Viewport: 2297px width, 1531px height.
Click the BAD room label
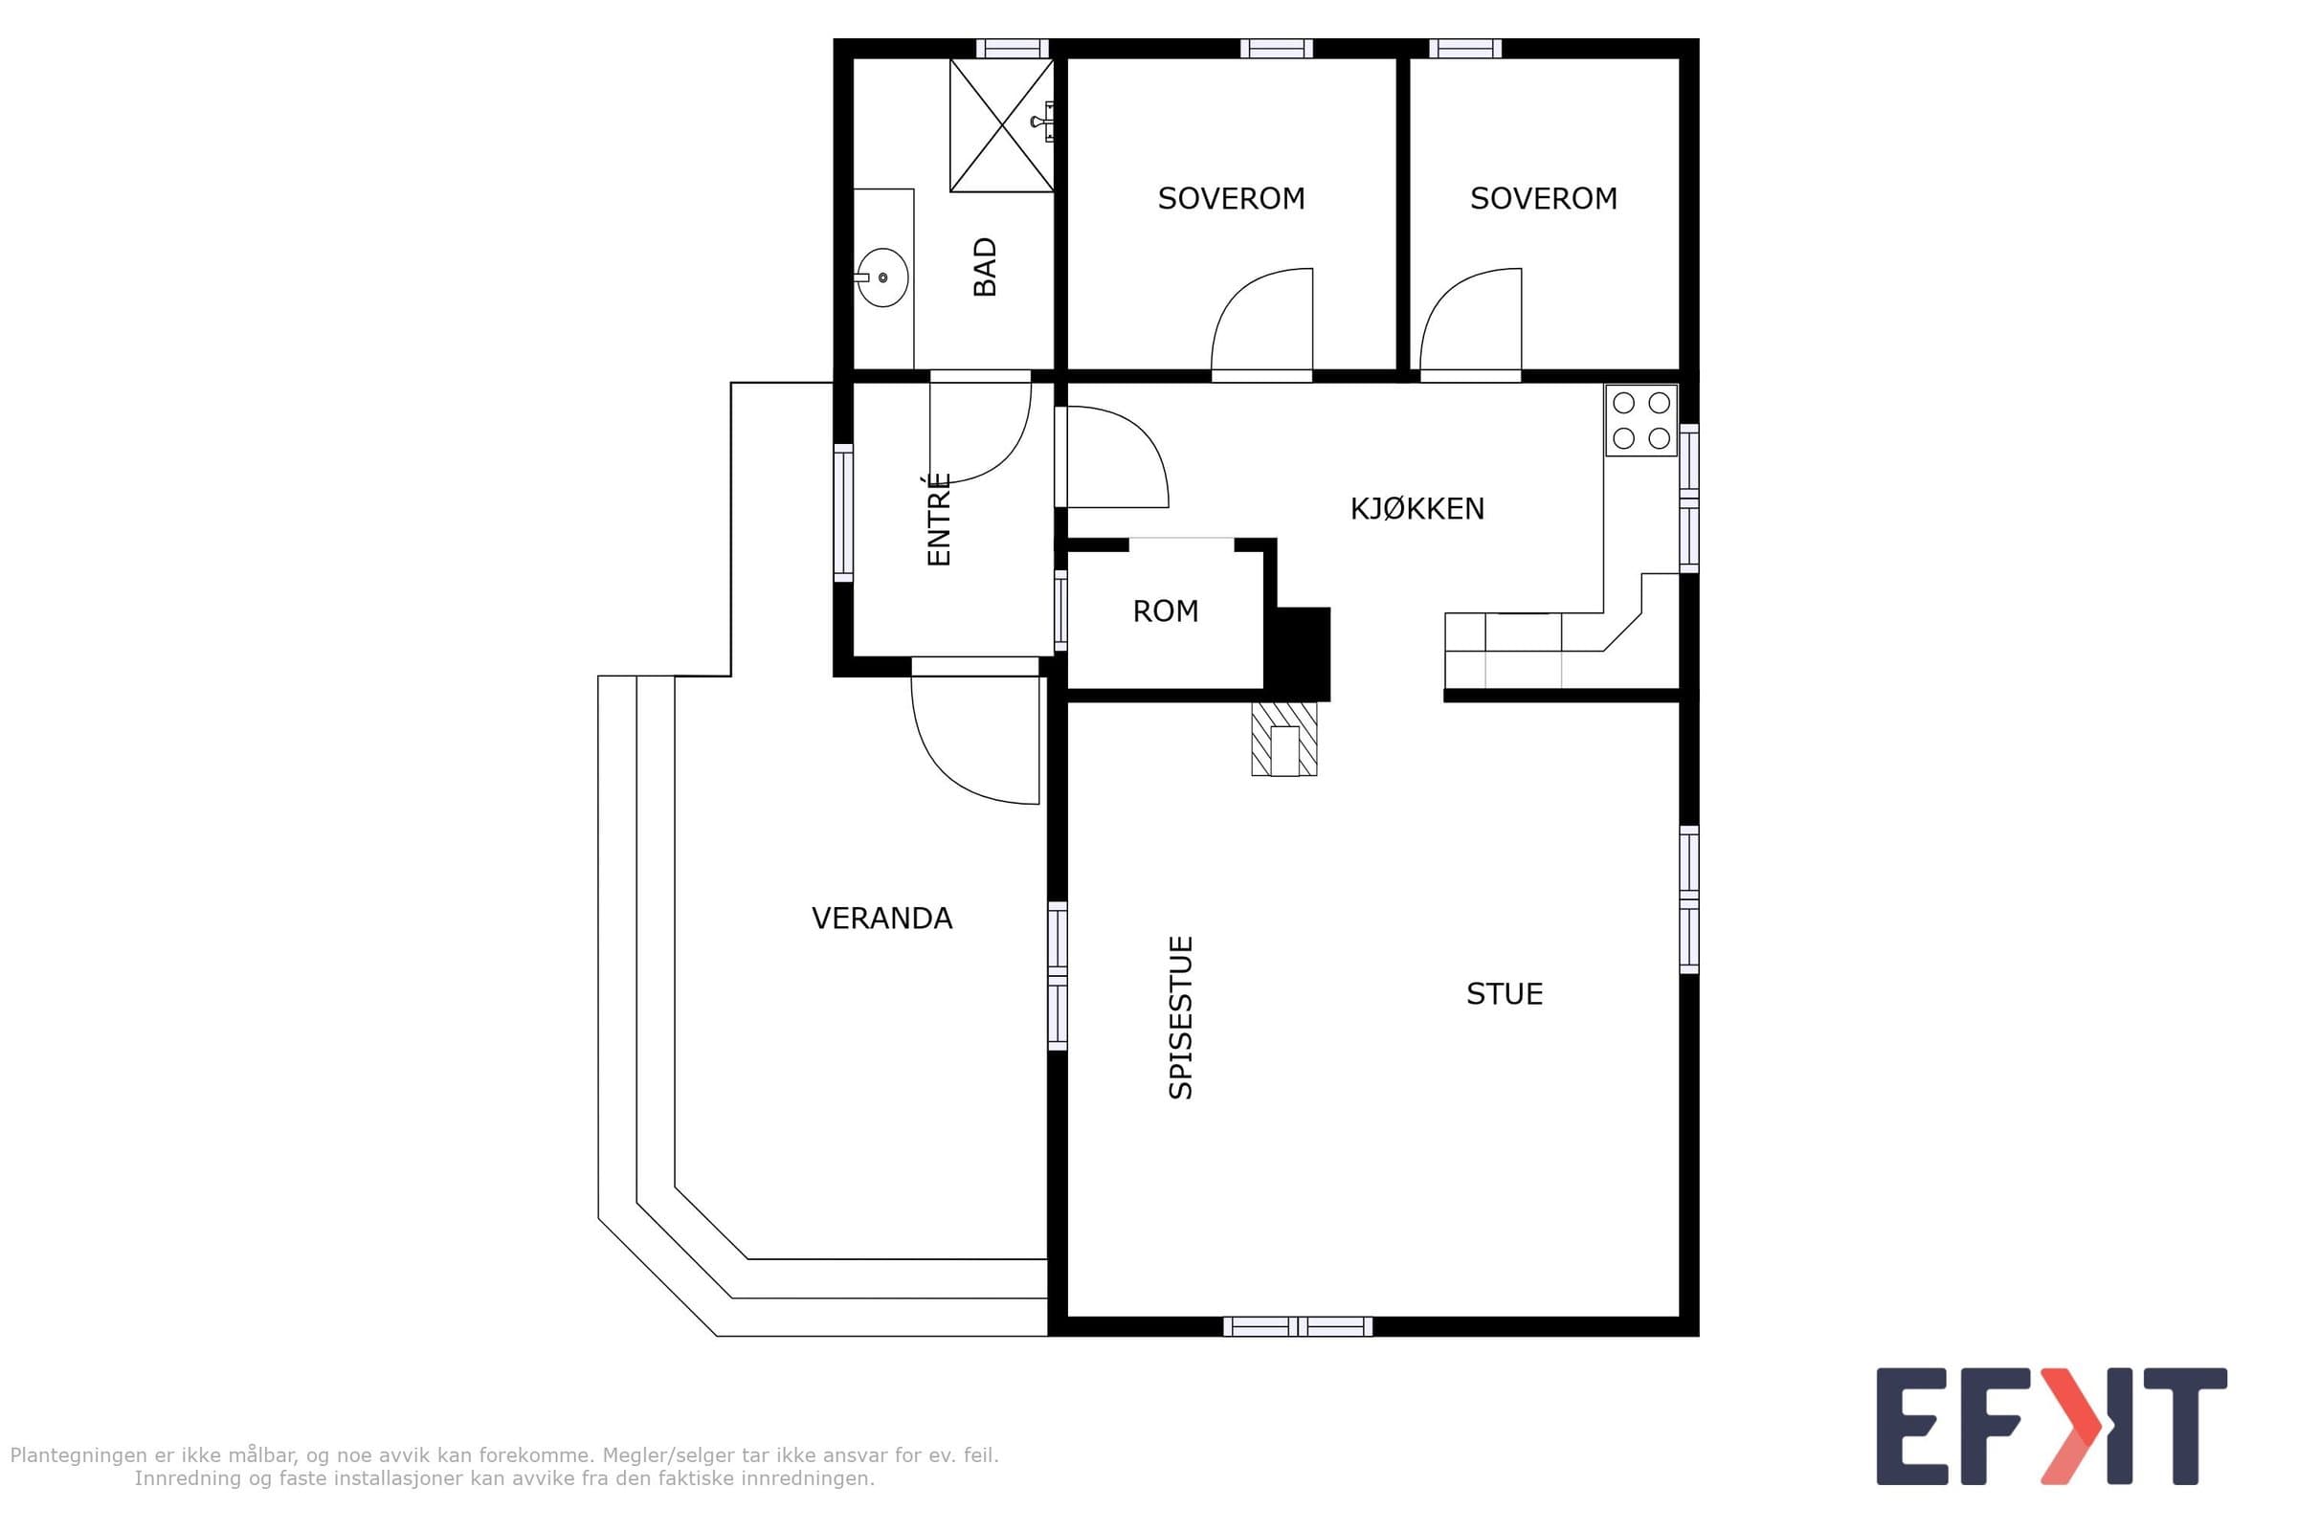(x=986, y=267)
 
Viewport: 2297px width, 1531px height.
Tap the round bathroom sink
(x=881, y=277)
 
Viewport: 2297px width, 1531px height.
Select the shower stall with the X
(x=1002, y=126)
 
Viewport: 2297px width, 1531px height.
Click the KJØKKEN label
(x=1417, y=509)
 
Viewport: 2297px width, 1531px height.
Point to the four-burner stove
(x=1640, y=421)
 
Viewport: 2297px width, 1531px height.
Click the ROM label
(x=1165, y=611)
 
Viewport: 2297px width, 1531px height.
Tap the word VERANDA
(x=881, y=918)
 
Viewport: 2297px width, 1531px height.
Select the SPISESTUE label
(x=1181, y=1017)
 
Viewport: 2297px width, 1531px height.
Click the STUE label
(x=1504, y=994)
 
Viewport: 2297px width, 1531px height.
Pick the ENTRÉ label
(x=939, y=519)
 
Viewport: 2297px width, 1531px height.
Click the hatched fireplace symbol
(x=1284, y=739)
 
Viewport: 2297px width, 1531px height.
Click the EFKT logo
(x=2051, y=1427)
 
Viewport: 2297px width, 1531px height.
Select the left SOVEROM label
(x=1232, y=198)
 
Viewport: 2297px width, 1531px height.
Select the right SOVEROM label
(x=1544, y=198)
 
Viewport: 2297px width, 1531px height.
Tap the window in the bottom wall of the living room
(x=1298, y=1326)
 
